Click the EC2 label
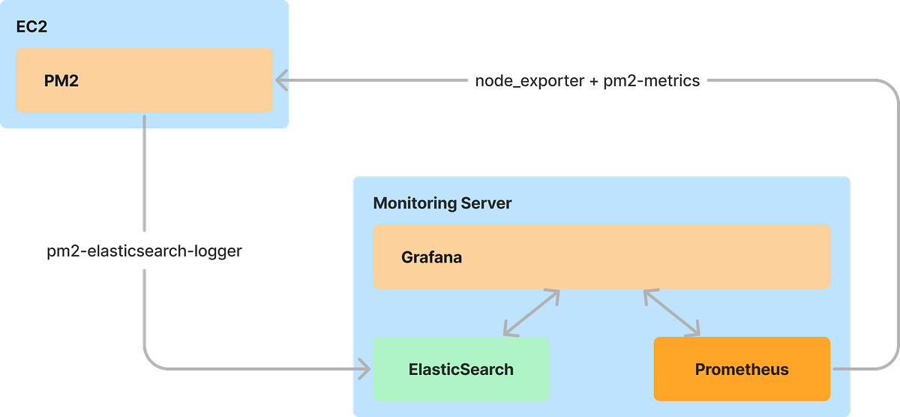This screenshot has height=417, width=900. tap(31, 29)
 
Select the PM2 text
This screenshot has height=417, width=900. tap(61, 80)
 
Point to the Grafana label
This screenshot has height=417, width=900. tap(431, 257)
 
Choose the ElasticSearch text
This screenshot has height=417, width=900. tap(461, 369)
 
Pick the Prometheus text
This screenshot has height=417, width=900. tap(742, 369)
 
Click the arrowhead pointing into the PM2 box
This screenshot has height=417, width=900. tap(280, 79)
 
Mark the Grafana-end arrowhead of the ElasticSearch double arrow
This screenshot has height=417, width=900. tap(555, 294)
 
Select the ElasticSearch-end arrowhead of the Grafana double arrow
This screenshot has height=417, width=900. tap(508, 331)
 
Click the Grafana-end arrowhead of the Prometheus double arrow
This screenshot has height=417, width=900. tap(647, 294)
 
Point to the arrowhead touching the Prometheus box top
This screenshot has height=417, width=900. tap(694, 331)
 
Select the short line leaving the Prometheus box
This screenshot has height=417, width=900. tap(851, 369)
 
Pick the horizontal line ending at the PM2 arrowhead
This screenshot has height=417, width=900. tap(375, 79)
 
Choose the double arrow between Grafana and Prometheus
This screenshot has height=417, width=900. tap(671, 313)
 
